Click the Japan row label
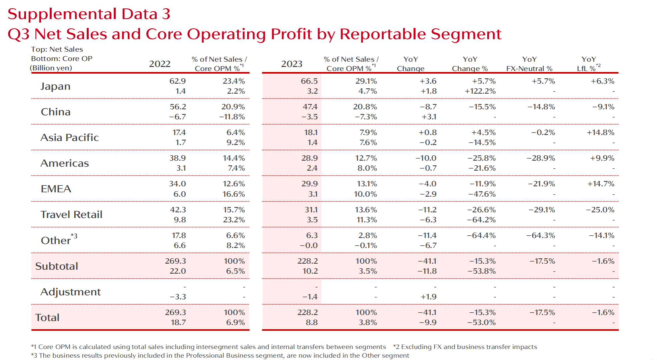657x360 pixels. (55, 86)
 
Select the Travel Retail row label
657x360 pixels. (71, 215)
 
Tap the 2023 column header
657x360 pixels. (291, 64)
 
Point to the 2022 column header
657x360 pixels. (159, 64)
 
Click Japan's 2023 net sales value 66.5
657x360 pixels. (309, 81)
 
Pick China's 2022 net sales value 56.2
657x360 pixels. (178, 107)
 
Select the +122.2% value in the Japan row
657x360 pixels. (480, 91)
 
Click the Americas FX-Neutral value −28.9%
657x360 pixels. (541, 158)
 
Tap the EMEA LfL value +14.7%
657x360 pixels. (601, 184)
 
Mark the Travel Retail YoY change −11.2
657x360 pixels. (427, 210)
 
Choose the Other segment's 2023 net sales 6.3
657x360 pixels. (312, 236)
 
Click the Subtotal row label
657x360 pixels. (57, 266)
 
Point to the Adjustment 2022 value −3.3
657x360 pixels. (178, 297)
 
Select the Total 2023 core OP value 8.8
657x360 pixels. (311, 323)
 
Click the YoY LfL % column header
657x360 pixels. (589, 64)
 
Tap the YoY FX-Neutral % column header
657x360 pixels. (529, 64)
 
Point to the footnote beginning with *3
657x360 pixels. (220, 356)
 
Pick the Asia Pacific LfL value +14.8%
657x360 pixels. (600, 133)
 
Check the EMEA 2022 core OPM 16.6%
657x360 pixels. (233, 194)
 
